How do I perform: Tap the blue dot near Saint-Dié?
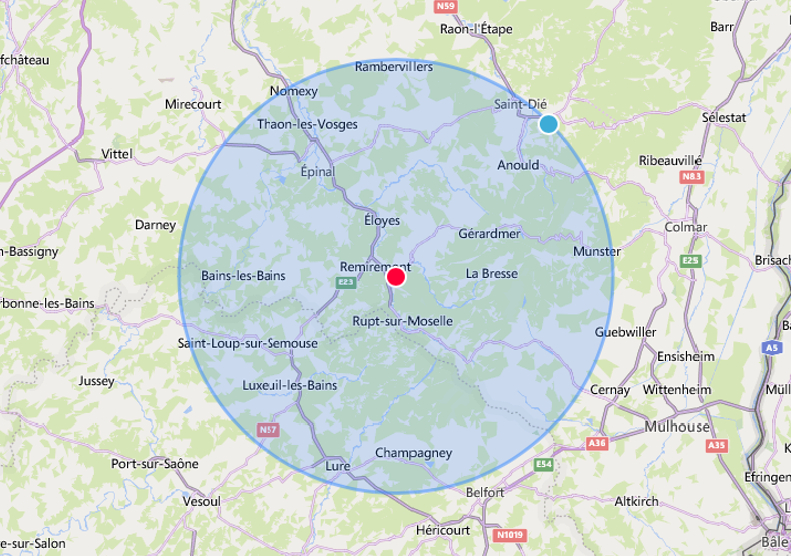click(x=548, y=124)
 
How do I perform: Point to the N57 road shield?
click(x=268, y=430)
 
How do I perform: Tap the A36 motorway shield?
click(x=597, y=443)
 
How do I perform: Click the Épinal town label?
click(x=318, y=171)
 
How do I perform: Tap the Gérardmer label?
click(x=489, y=234)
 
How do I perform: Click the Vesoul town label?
click(x=202, y=501)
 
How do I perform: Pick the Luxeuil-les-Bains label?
click(x=289, y=385)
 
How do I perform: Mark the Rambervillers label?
click(x=394, y=67)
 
